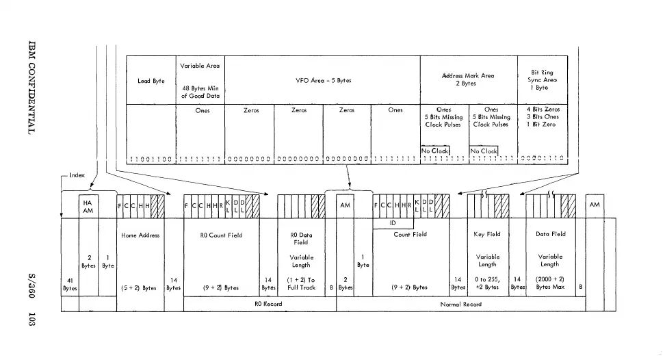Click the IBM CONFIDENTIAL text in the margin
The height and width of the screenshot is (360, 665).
point(31,87)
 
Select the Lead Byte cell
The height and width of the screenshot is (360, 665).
point(151,81)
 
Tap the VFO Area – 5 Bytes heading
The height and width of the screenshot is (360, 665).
point(322,81)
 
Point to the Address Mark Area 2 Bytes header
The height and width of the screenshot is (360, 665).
point(469,79)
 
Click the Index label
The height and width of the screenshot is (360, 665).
point(77,175)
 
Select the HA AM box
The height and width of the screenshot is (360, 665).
point(87,206)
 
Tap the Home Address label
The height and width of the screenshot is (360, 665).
point(140,235)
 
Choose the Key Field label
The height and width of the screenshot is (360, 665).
point(488,234)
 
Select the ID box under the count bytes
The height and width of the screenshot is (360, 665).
point(393,222)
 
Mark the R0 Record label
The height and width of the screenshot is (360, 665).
point(259,304)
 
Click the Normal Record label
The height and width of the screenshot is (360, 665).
point(462,304)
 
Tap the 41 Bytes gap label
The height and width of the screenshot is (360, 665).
point(70,284)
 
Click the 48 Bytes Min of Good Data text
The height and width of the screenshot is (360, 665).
point(198,92)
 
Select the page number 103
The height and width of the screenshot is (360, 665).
point(31,319)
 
